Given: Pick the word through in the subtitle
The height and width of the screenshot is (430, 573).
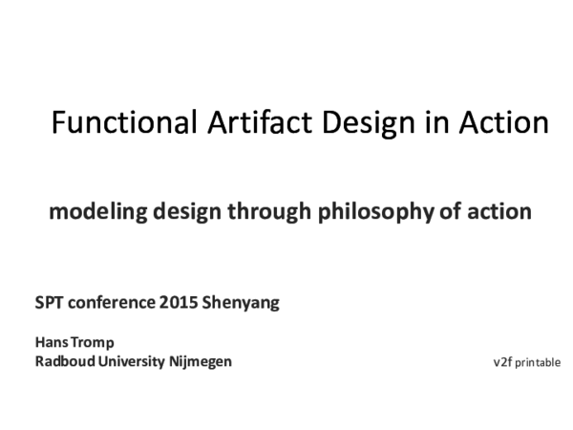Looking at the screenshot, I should [x=266, y=212].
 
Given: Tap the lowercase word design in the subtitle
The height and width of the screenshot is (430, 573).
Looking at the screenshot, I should [x=179, y=212].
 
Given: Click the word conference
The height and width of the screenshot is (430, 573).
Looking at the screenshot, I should [x=110, y=304].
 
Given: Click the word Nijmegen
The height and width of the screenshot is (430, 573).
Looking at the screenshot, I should [x=201, y=362].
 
